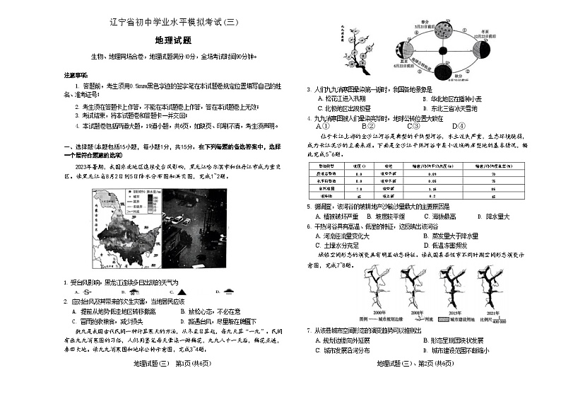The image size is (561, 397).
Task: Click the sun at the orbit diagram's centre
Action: click(x=442, y=50)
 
